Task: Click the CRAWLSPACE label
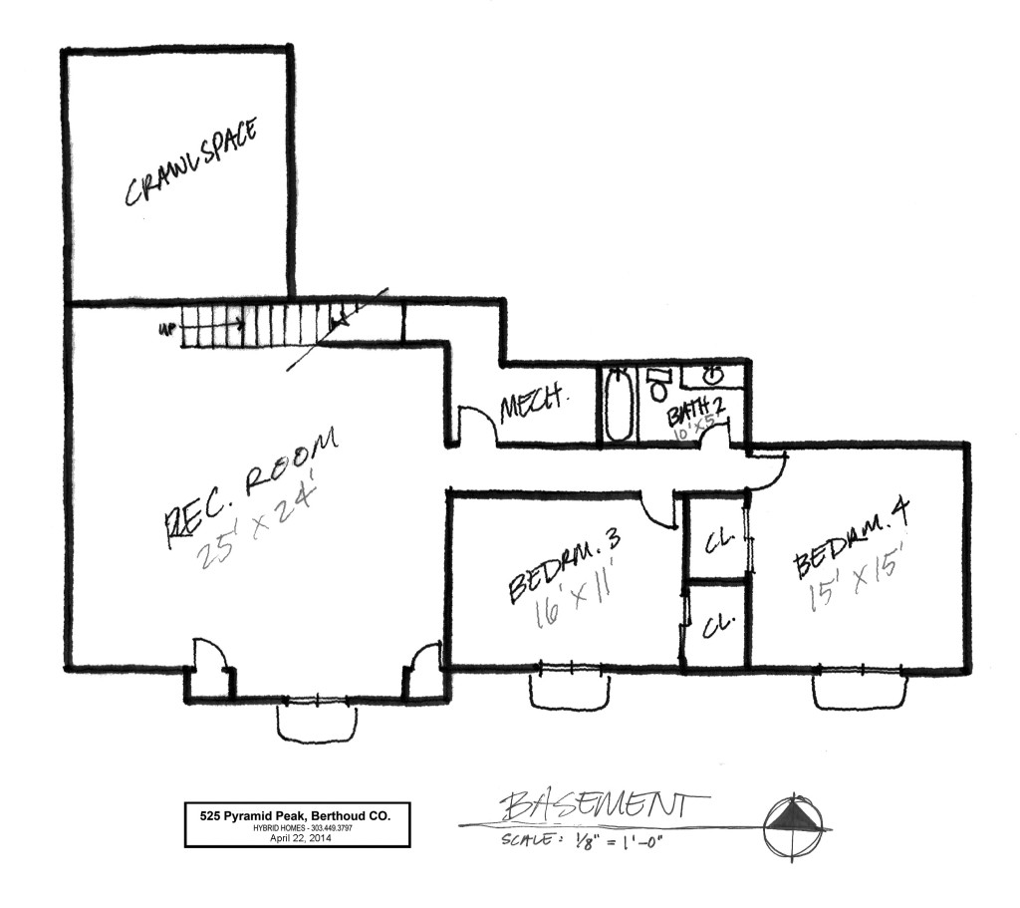pos(191,163)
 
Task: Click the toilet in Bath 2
pos(657,384)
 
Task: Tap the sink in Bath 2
pos(712,376)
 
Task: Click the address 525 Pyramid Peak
pos(298,815)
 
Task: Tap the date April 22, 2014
pos(298,839)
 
